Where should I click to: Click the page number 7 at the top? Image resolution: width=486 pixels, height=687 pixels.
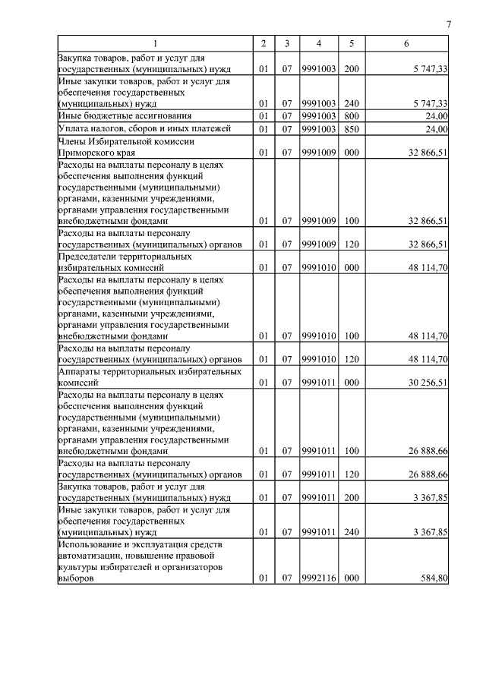pyautogui.click(x=449, y=25)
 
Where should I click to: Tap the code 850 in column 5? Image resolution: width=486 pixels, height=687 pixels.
pyautogui.click(x=352, y=129)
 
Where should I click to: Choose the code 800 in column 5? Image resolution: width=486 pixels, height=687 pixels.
pyautogui.click(x=352, y=115)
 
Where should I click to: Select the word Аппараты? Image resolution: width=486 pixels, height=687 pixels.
pyautogui.click(x=80, y=372)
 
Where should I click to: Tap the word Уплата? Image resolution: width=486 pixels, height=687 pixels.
pyautogui.click(x=74, y=129)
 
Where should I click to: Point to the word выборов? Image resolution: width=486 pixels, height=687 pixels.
pyautogui.click(x=77, y=578)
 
